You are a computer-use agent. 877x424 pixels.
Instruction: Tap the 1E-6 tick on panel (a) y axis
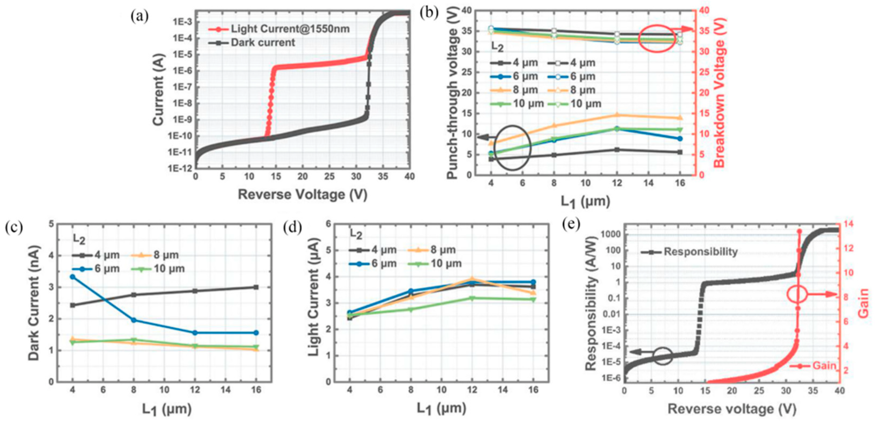pyautogui.click(x=182, y=71)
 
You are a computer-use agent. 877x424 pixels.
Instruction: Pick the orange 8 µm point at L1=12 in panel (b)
pyautogui.click(x=617, y=115)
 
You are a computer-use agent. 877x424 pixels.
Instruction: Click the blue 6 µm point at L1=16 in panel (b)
pyautogui.click(x=680, y=139)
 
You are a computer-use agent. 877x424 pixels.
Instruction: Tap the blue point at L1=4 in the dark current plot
pyautogui.click(x=73, y=277)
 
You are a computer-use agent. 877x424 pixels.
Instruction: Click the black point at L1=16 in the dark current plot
pyautogui.click(x=256, y=287)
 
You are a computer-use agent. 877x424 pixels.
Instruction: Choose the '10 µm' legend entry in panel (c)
pyautogui.click(x=169, y=269)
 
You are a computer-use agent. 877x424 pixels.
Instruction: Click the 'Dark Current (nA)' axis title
pyautogui.click(x=34, y=303)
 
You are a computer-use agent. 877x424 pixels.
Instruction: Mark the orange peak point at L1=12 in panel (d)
pyautogui.click(x=472, y=279)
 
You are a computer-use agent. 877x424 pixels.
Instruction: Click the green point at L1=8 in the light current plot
pyautogui.click(x=411, y=309)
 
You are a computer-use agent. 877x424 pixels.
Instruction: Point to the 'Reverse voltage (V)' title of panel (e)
pyautogui.click(x=732, y=409)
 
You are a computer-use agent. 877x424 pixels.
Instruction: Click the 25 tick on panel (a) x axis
pyautogui.click(x=329, y=176)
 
